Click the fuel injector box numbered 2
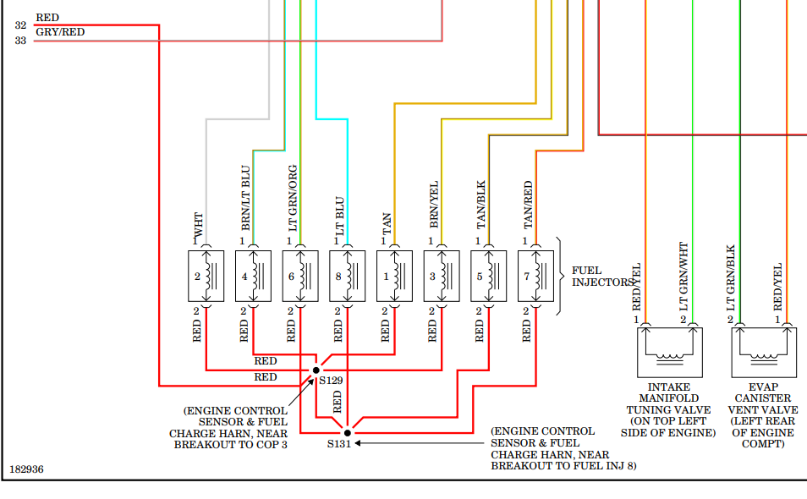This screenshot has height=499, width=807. (x=206, y=276)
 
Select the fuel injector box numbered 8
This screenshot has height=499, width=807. (x=348, y=276)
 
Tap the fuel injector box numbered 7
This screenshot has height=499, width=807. (x=536, y=276)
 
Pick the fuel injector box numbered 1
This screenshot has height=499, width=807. (x=394, y=276)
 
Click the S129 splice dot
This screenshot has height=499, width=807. (x=316, y=370)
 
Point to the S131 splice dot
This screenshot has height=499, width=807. (x=347, y=432)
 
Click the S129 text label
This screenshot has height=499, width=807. (x=331, y=381)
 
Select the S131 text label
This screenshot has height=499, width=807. (x=339, y=444)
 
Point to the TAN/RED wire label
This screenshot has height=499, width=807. (x=529, y=205)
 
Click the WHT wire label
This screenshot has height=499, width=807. (x=199, y=224)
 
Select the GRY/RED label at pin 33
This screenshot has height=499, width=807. (x=60, y=32)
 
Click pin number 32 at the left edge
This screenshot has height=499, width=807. (x=20, y=25)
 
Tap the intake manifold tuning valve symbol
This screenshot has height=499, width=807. (x=668, y=352)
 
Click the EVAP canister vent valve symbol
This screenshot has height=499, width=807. (x=763, y=352)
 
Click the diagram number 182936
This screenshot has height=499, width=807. (x=26, y=468)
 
